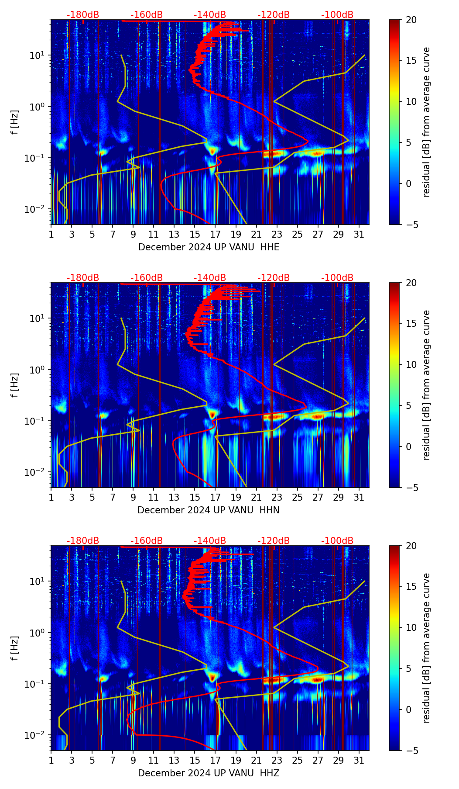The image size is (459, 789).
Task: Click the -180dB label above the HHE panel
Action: [x=83, y=15]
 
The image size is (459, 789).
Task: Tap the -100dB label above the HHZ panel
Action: [x=337, y=541]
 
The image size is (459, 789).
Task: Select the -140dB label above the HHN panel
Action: [x=210, y=278]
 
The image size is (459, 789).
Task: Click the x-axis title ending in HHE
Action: [x=209, y=247]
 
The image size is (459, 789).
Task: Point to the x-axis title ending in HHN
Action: [x=208, y=510]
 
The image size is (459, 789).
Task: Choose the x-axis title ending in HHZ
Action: [x=208, y=773]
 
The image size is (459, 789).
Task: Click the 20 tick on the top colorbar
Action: [x=411, y=20]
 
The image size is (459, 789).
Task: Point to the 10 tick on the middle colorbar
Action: [x=411, y=364]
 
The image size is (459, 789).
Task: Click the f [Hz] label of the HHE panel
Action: [x=15, y=122]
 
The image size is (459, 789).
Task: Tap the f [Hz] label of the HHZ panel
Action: [x=15, y=648]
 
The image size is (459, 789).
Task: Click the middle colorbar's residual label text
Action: [x=426, y=385]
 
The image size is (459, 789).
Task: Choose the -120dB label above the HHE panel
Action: [x=274, y=15]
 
